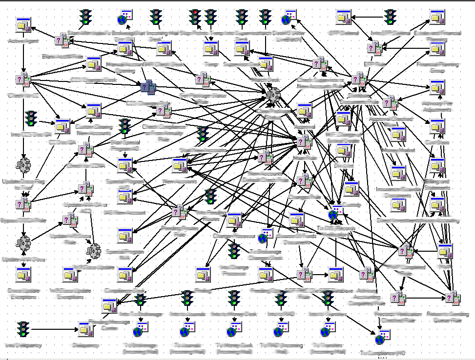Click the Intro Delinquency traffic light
[x=23, y=330]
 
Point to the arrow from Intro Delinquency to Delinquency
[x=54, y=330]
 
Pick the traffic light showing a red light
[x=195, y=18]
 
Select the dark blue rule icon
[x=148, y=87]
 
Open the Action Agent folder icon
[x=23, y=26]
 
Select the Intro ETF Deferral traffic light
[x=390, y=18]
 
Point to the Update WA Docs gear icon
[x=23, y=241]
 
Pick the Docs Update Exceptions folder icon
[x=23, y=275]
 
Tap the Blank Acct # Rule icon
[x=62, y=41]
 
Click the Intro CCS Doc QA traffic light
[x=31, y=119]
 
